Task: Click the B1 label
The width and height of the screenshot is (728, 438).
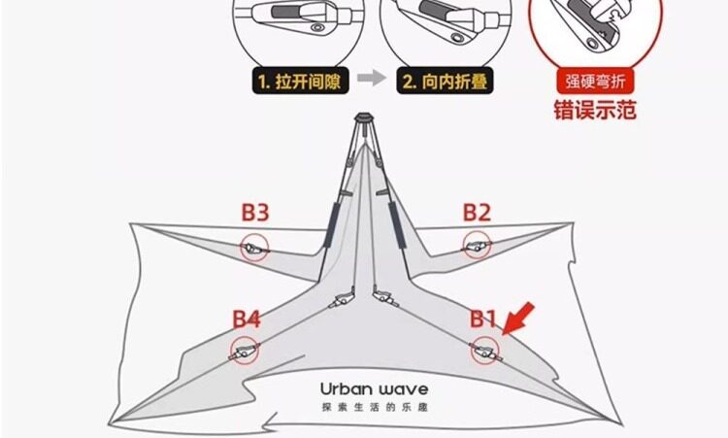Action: click(x=483, y=318)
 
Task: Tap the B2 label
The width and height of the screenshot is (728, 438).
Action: click(x=477, y=212)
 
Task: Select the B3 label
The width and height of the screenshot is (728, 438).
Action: click(x=255, y=212)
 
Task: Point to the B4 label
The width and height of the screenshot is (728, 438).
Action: click(x=246, y=318)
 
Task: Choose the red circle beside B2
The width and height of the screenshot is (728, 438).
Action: click(x=477, y=246)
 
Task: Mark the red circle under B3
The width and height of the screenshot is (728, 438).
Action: click(x=255, y=248)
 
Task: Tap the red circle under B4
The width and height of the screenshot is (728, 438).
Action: click(x=245, y=351)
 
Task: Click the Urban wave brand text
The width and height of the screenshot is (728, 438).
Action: click(x=374, y=389)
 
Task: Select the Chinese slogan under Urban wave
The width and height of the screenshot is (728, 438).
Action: click(x=374, y=408)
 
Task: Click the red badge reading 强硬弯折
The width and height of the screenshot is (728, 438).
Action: click(x=594, y=82)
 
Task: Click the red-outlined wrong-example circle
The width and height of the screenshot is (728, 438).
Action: click(x=595, y=29)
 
